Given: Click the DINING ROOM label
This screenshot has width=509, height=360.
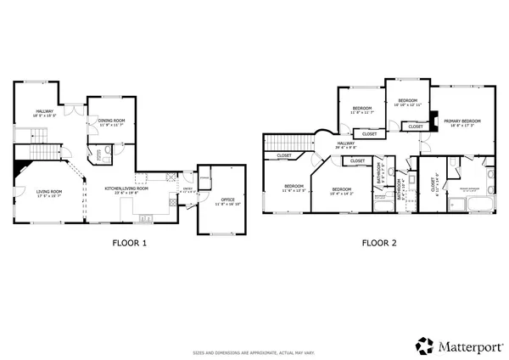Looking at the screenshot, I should click(x=111, y=121).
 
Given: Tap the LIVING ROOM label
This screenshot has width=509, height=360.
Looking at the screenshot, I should click(x=49, y=192).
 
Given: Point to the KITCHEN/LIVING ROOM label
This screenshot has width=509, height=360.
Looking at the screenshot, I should click(x=126, y=188).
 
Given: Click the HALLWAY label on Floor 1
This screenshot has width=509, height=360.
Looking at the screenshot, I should click(x=44, y=112).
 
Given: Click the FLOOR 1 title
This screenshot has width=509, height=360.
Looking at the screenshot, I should click(x=130, y=243).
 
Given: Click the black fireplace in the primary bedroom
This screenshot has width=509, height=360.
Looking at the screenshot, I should click(x=434, y=120).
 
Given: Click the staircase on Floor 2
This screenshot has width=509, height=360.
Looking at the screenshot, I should click(x=279, y=143).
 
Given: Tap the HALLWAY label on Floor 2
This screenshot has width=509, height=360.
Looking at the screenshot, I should click(x=345, y=144).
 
